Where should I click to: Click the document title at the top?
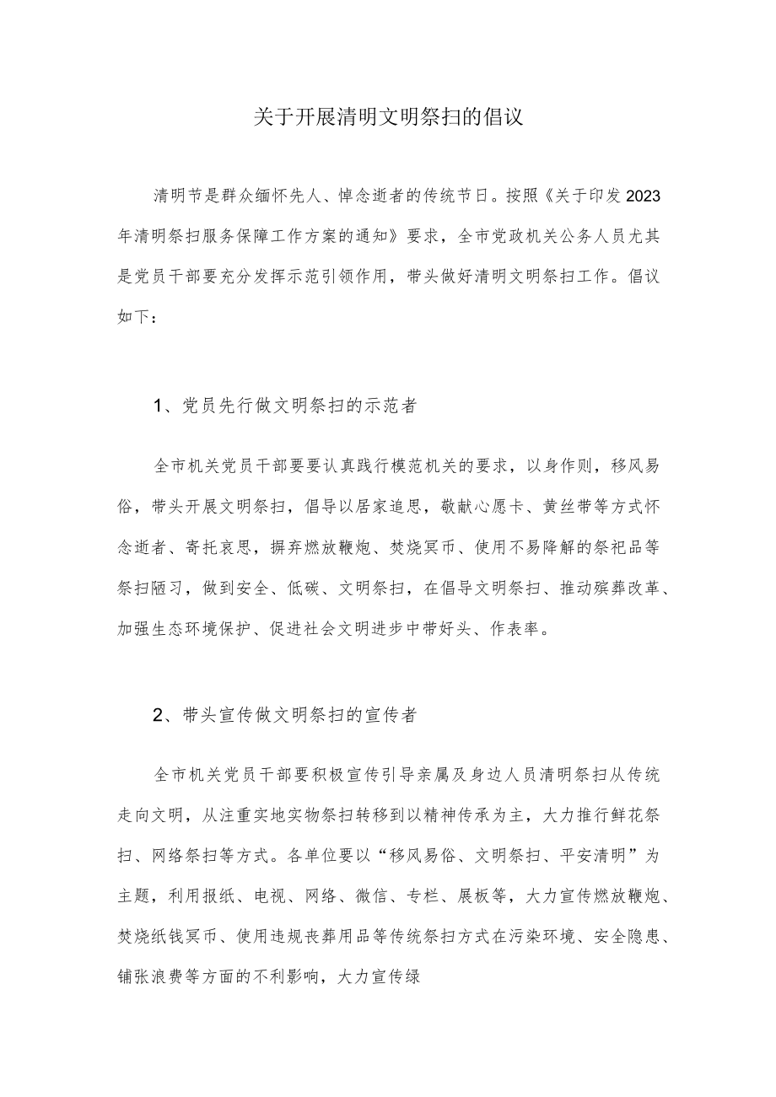(388, 117)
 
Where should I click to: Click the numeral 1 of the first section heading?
(158, 406)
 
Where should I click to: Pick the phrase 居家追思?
(388, 506)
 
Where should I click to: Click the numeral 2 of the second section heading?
(158, 715)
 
